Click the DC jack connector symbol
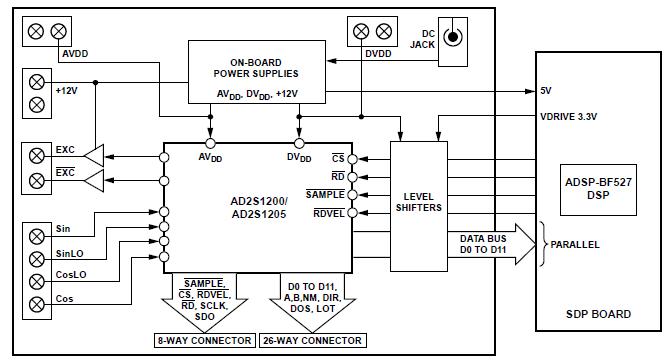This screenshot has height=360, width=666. pos(453,38)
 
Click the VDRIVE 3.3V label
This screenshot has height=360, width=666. pos(567,116)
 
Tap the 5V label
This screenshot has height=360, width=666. pos(545,91)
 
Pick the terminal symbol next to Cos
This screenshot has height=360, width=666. pos(37,302)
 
